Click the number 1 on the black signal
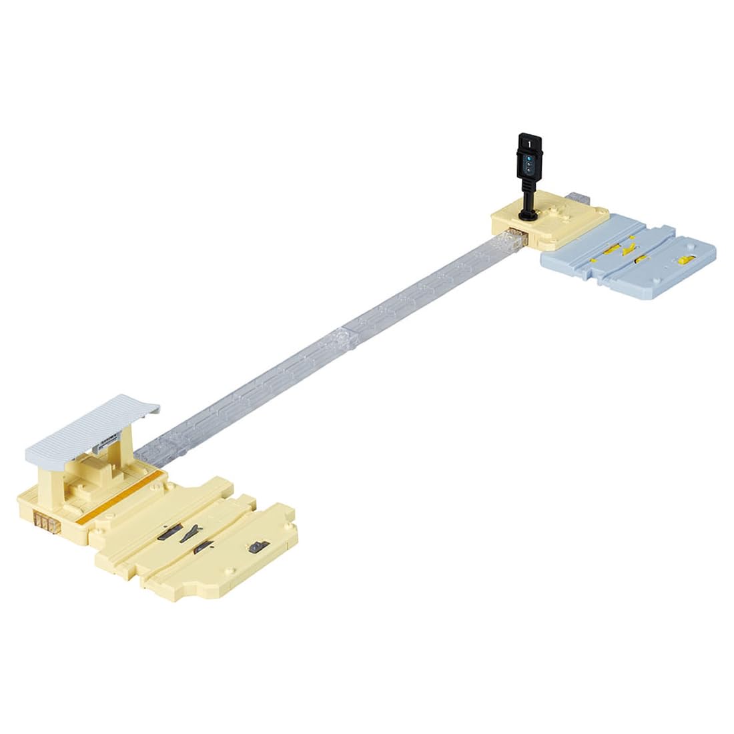pos(529,143)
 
